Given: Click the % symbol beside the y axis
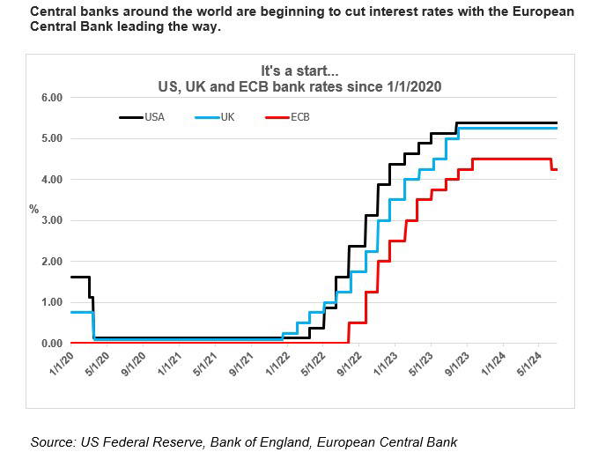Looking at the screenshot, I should pyautogui.click(x=34, y=210).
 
